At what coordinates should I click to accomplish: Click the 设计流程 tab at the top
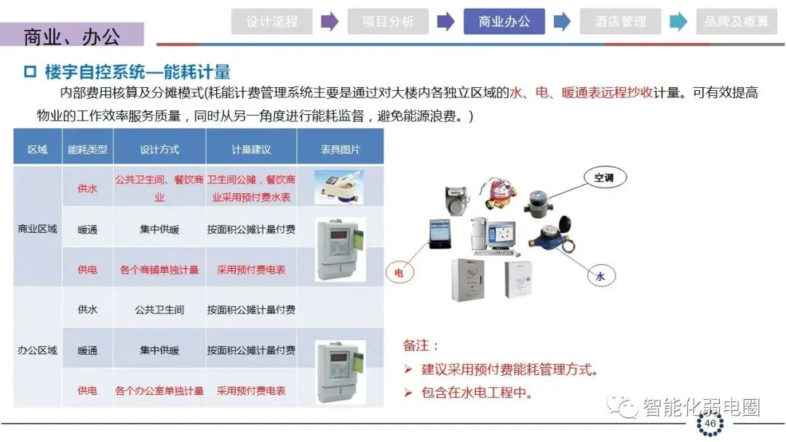click(x=271, y=22)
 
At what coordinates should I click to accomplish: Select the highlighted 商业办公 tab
click(x=504, y=22)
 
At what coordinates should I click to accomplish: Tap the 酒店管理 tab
click(x=620, y=22)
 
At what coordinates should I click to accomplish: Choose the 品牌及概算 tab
click(x=737, y=22)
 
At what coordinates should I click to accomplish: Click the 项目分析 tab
click(x=387, y=22)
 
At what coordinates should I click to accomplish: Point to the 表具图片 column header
click(x=340, y=149)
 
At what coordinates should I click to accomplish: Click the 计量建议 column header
click(x=251, y=149)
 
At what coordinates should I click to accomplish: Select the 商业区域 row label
click(x=37, y=229)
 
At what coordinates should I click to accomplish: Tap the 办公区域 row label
click(x=37, y=350)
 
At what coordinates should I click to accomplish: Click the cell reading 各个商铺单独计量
click(x=159, y=270)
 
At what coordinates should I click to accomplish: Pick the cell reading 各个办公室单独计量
click(x=159, y=390)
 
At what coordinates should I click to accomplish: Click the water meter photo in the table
click(x=339, y=187)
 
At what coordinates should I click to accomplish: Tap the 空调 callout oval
click(x=604, y=177)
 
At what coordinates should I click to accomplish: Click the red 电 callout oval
click(x=399, y=273)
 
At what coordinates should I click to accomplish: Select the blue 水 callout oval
click(x=600, y=276)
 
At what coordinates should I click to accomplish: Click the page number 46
click(x=710, y=423)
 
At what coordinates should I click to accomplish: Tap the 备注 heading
click(x=421, y=346)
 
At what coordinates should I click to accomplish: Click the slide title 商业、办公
click(x=71, y=36)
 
